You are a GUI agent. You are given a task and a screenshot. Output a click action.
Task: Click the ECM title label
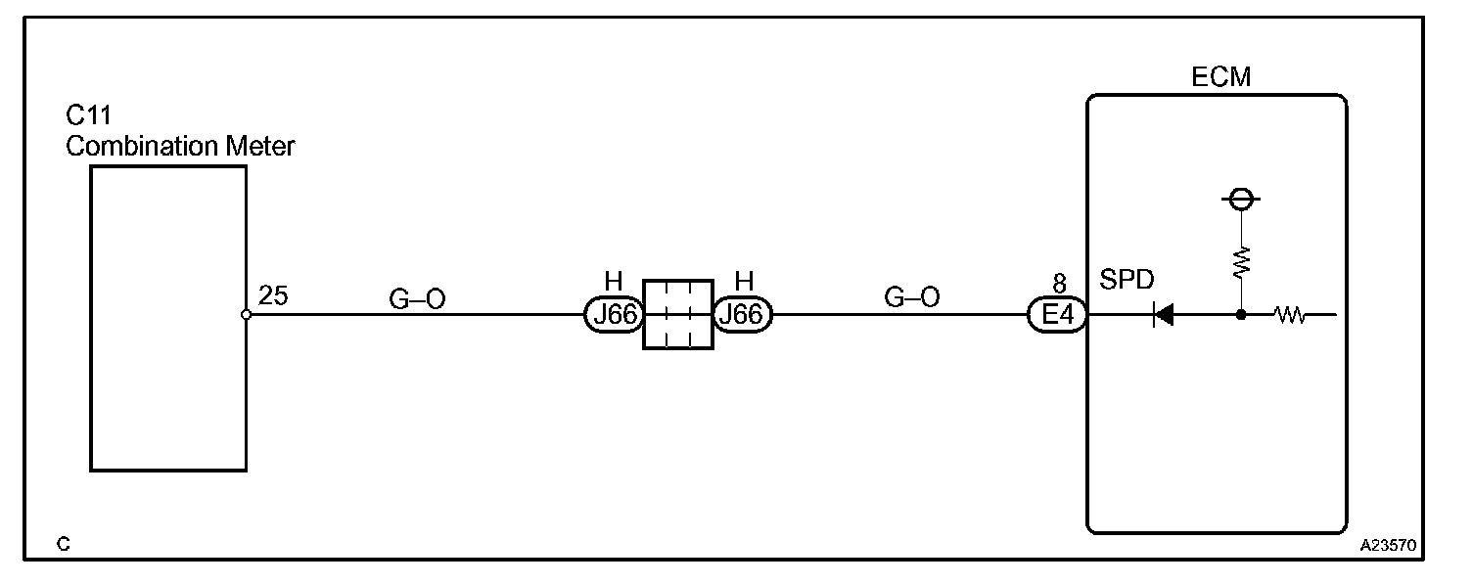pyautogui.click(x=1220, y=76)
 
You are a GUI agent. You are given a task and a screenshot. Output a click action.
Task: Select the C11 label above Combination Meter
pyautogui.click(x=88, y=117)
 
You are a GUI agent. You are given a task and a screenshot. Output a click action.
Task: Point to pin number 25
pyautogui.click(x=274, y=296)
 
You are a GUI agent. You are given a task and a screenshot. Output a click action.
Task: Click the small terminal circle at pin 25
pyautogui.click(x=247, y=315)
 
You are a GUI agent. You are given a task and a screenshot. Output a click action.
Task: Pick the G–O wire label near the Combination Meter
pyautogui.click(x=417, y=299)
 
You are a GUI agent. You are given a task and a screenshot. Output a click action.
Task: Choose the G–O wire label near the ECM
pyautogui.click(x=911, y=297)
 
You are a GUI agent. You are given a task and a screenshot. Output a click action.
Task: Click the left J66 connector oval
pyautogui.click(x=613, y=315)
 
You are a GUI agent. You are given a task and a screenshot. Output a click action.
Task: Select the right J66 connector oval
pyautogui.click(x=744, y=315)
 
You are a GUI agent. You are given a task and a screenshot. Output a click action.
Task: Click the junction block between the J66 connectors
pyautogui.click(x=677, y=314)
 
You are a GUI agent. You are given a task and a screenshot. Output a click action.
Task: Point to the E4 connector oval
pyautogui.click(x=1057, y=315)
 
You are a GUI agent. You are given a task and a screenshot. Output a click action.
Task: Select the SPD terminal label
pyautogui.click(x=1127, y=281)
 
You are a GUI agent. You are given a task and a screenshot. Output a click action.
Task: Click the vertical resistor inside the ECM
pyautogui.click(x=1241, y=262)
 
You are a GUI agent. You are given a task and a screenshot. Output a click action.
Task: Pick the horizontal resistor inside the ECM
pyautogui.click(x=1290, y=315)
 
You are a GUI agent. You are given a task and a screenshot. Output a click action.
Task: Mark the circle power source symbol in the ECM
pyautogui.click(x=1241, y=200)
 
